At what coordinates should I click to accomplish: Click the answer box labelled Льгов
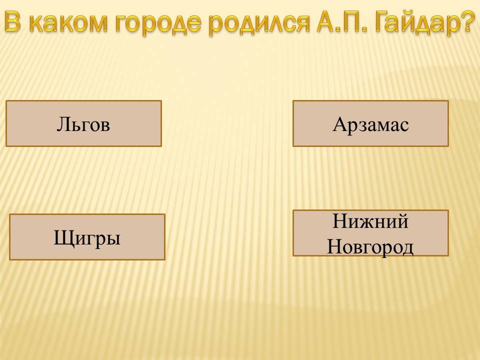(x=83, y=123)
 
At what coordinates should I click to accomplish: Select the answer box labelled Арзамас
(x=370, y=123)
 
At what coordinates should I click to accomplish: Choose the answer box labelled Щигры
(x=87, y=237)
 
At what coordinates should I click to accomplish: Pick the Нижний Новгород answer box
(x=370, y=233)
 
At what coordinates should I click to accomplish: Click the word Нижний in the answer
(x=370, y=221)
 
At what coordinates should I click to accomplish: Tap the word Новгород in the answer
(x=370, y=246)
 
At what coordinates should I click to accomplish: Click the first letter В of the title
(x=15, y=21)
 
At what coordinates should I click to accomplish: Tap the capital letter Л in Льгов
(x=62, y=124)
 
